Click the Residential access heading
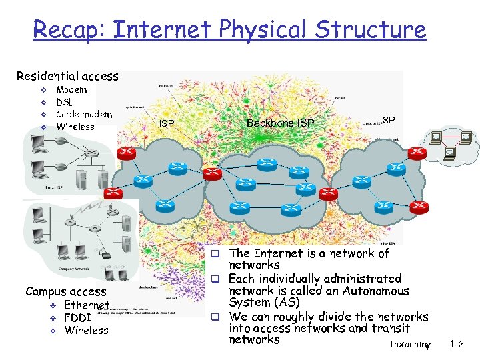67,77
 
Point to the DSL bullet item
65,102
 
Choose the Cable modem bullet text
84,114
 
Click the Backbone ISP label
280,123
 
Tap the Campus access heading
65,291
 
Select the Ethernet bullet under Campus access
87,305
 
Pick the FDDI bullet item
77,317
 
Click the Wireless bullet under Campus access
86,330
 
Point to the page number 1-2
457,345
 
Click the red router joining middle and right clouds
328,193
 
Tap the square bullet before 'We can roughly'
217,316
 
